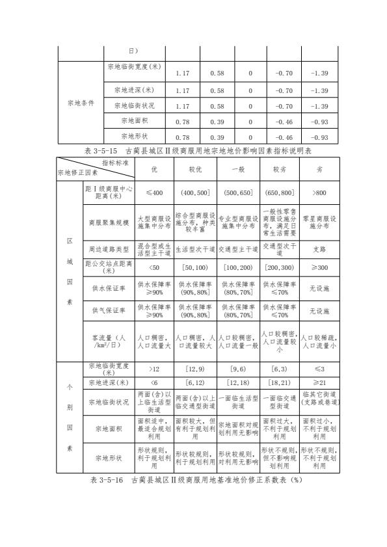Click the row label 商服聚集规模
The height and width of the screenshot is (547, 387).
(109, 222)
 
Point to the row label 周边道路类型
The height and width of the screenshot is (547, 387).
(109, 248)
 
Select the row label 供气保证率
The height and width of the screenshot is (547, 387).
(109, 310)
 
